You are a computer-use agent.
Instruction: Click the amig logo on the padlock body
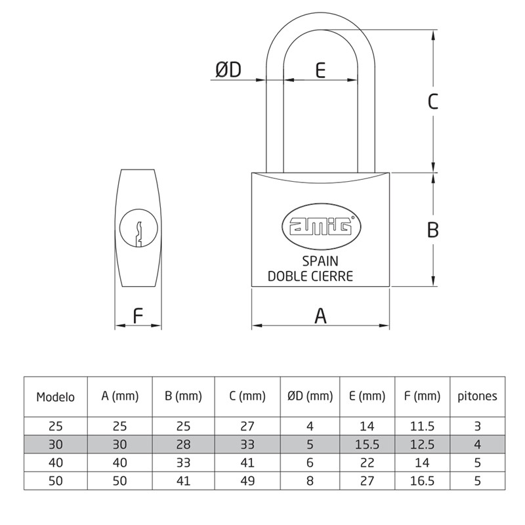point(321,226)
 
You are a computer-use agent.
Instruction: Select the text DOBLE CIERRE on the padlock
point(310,276)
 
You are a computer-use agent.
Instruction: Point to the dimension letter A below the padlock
point(320,316)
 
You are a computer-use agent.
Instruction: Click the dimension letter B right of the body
point(432,230)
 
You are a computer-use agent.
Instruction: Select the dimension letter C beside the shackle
point(432,102)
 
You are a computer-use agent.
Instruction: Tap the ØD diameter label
point(228,70)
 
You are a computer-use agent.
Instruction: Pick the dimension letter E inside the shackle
point(320,70)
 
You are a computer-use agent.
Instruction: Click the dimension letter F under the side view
point(138,316)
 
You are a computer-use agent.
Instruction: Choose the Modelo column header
point(56,396)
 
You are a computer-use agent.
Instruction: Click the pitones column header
point(477,396)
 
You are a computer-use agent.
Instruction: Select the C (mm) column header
point(248,396)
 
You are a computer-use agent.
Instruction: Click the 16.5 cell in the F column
point(422,480)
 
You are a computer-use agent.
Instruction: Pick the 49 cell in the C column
point(248,480)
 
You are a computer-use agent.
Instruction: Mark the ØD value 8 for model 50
point(310,480)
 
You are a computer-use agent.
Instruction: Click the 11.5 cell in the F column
point(422,425)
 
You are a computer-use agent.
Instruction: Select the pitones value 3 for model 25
point(477,425)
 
